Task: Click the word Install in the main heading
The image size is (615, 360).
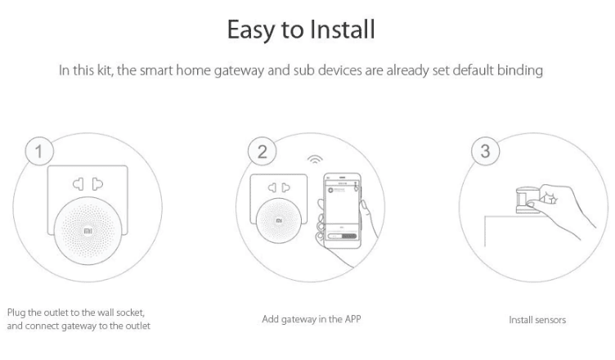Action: (343, 29)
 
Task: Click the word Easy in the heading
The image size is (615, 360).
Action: (250, 30)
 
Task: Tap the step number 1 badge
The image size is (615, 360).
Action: (39, 151)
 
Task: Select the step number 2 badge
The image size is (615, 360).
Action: (262, 151)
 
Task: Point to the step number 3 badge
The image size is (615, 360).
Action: (485, 151)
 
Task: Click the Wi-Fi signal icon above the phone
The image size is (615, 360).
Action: (315, 159)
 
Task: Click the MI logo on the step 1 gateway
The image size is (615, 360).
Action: (88, 231)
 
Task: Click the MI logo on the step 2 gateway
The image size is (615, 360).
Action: (279, 221)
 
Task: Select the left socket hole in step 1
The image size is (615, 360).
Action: (78, 184)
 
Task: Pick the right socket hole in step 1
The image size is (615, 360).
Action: (97, 184)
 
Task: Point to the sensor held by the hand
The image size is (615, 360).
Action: (527, 200)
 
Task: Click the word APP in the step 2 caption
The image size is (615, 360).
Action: (352, 319)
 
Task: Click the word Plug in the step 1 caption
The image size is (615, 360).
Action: (16, 313)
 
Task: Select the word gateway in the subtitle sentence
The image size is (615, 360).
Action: (239, 70)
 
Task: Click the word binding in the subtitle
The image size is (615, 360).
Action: (519, 70)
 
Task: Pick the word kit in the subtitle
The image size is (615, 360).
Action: (105, 70)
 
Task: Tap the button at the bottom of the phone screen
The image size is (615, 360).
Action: (342, 236)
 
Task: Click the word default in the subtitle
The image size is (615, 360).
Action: (473, 70)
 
